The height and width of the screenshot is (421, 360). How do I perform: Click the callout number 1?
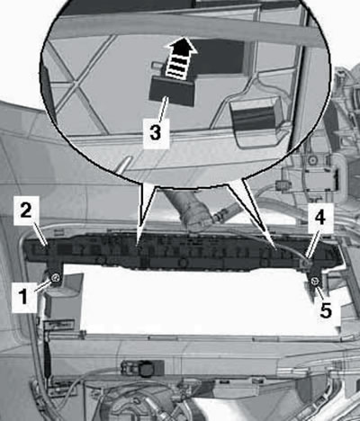(x=24, y=296)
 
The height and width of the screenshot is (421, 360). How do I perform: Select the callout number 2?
(x=26, y=210)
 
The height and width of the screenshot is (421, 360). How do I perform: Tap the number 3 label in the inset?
(x=156, y=133)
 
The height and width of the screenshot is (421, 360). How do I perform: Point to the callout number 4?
(x=320, y=218)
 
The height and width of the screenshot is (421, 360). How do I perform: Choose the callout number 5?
(x=326, y=310)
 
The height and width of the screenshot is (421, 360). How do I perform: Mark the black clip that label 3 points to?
(x=172, y=90)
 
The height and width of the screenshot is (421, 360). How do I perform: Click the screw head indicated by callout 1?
(x=55, y=278)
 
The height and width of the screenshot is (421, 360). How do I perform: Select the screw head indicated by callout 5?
(x=315, y=281)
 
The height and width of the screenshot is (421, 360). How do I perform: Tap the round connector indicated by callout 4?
(x=306, y=264)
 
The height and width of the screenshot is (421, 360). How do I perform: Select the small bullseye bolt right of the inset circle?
(x=312, y=159)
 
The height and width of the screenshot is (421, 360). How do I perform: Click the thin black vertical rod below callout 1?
(x=47, y=360)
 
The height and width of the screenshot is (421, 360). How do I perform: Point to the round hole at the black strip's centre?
(x=182, y=263)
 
